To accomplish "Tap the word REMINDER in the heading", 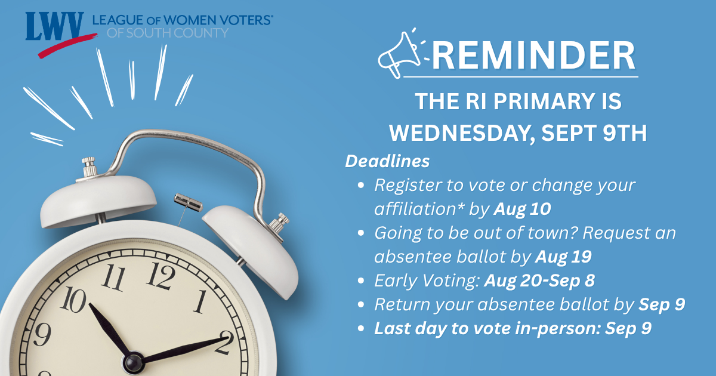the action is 534,56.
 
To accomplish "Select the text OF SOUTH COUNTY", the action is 168,33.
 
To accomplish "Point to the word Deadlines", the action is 387,161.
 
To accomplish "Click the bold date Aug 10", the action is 522,209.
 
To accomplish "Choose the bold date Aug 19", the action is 563,257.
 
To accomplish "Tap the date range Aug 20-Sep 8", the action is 539,281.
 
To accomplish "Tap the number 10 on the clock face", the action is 73,299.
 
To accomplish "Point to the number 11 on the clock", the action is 113,277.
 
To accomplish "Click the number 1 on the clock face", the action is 200,301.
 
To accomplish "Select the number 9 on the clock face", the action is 42,334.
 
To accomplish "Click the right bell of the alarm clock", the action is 251,249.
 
